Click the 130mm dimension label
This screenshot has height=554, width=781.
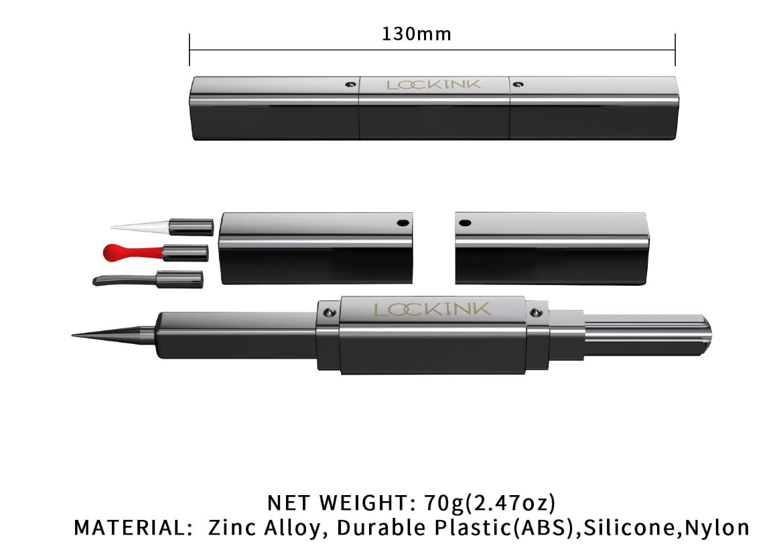coord(417,34)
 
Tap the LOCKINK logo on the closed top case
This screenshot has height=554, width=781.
coord(434,84)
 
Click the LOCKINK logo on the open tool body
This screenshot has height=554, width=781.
coord(432,309)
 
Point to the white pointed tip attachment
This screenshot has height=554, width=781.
coord(139,226)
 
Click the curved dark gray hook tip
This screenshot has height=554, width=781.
coord(125,280)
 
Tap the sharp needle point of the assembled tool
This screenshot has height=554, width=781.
coord(73,335)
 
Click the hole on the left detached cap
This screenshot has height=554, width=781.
coord(403,223)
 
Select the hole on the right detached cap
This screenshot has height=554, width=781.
coord(465,223)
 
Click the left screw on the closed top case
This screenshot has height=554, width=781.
coord(351,84)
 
